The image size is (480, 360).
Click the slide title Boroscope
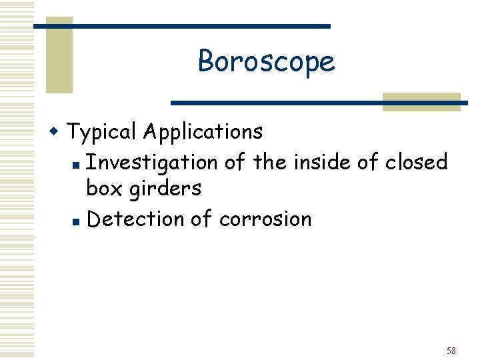tap(266, 61)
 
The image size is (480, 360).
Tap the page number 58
tap(451, 351)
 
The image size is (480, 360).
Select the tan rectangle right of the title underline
tap(421, 101)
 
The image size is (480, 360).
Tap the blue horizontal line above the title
tap(181, 26)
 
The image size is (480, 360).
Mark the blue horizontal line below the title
tap(319, 103)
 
